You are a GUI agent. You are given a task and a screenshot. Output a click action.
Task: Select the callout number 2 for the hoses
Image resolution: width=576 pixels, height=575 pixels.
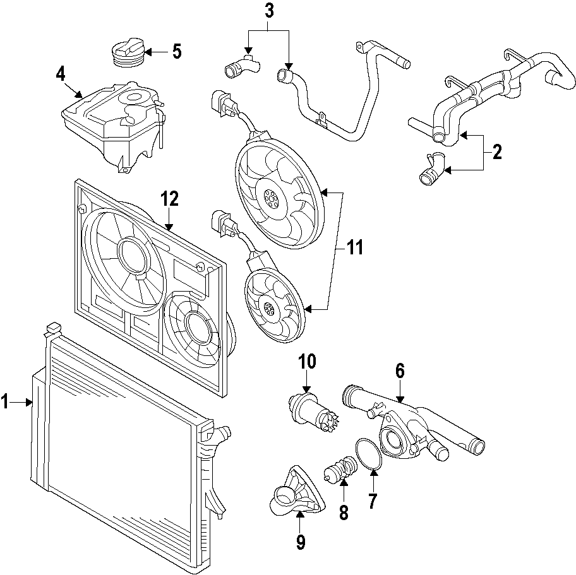point(496,152)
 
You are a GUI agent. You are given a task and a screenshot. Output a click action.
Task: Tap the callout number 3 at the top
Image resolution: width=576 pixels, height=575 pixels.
point(269,11)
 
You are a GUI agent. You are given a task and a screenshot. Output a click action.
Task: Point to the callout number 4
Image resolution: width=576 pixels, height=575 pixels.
point(61,74)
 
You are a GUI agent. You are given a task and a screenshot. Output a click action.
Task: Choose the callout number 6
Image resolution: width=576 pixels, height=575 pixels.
point(400,370)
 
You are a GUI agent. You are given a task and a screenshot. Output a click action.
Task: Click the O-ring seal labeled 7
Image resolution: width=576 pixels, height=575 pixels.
point(369,454)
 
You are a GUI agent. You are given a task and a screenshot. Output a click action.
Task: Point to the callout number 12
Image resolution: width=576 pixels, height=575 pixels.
point(169,199)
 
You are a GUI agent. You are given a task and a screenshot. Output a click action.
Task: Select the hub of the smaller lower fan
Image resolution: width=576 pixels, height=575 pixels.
point(270,308)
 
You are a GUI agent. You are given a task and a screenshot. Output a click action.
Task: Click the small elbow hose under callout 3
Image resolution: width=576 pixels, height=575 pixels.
point(241,66)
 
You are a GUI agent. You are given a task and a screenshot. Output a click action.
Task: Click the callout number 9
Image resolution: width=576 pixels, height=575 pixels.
point(300,541)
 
